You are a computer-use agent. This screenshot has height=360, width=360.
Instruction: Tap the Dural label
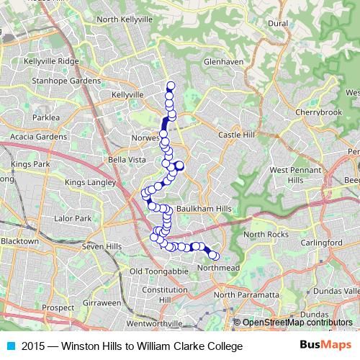[x=278, y=24]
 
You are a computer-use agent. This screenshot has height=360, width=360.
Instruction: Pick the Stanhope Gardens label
[x=66, y=81]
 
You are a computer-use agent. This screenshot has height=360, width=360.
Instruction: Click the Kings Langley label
[x=90, y=183]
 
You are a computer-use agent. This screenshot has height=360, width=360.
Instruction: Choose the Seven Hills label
[x=99, y=247]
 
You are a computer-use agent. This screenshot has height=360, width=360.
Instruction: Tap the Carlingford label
[x=322, y=243]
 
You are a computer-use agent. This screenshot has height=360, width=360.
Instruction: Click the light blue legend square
[x=10, y=346]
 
